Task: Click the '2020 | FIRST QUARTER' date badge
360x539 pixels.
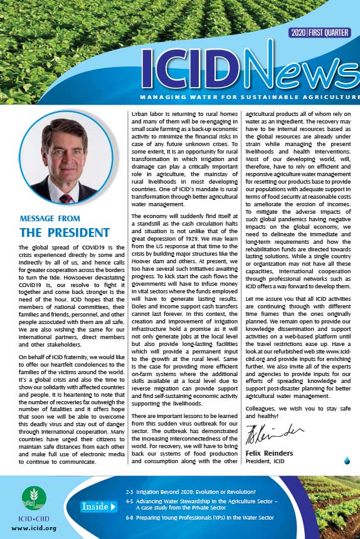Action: [320, 33]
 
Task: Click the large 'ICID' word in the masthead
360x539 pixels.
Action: [197, 68]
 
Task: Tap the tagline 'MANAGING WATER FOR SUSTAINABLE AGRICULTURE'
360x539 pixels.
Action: [250, 98]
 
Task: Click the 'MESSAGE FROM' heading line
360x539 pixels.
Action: [50, 219]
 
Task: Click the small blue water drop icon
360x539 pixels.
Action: [347, 461]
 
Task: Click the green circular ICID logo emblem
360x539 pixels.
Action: [34, 498]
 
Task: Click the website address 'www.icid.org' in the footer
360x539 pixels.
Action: [34, 528]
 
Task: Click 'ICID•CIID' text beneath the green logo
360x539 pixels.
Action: [34, 519]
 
